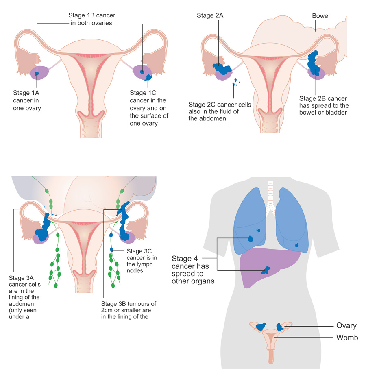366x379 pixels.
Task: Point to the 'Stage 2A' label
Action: click(x=209, y=16)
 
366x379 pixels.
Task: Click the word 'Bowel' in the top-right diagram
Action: click(x=320, y=16)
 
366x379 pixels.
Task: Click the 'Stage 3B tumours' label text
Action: click(x=129, y=303)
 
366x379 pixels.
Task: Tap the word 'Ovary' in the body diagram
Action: click(x=346, y=325)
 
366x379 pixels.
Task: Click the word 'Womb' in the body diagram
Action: click(x=347, y=338)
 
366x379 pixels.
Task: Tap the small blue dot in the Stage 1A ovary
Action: click(x=37, y=73)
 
